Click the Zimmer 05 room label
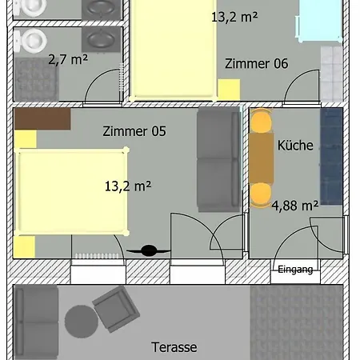coord(134,131)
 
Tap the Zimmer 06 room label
coord(256,64)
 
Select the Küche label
coord(295,146)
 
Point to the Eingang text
coord(295,270)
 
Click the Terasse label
coord(174,347)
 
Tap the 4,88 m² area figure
coord(295,206)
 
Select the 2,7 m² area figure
coord(68,59)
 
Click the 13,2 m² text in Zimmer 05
coord(128,186)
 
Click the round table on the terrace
coord(82,322)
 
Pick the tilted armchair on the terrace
coord(116,309)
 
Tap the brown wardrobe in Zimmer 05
coord(42,119)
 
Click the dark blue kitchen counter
coord(331,156)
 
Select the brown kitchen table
coord(262,158)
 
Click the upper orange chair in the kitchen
coord(261,121)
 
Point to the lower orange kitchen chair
coord(261,195)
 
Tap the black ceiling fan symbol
coord(149,250)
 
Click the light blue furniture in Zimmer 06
coord(319,20)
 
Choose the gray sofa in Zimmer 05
coord(218,159)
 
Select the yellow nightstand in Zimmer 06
coord(229,90)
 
